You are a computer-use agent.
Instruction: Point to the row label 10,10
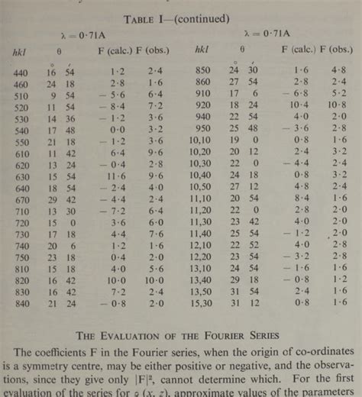point(202,140)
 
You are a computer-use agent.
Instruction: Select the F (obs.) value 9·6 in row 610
point(155,152)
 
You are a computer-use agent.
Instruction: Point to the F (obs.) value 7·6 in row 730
point(155,234)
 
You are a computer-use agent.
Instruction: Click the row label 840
point(20,304)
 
